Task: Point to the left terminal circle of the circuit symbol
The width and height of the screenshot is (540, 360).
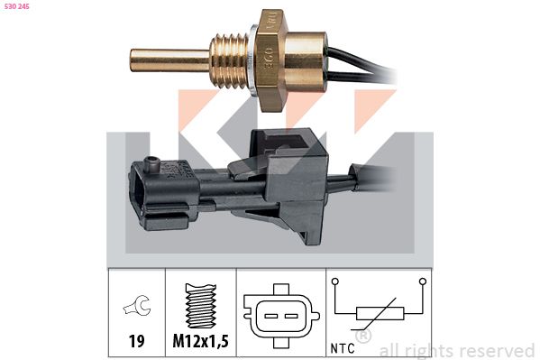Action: pos(334,282)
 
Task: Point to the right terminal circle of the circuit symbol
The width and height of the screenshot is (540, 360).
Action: pos(423,282)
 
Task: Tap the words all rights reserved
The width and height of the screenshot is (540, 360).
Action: pos(457,350)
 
